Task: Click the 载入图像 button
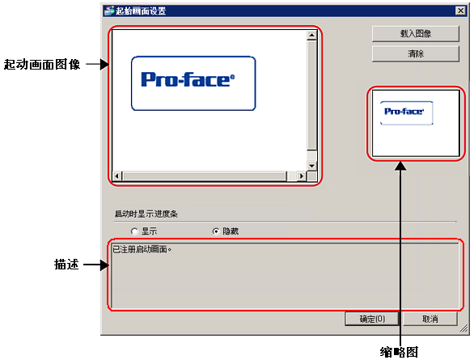click(415, 33)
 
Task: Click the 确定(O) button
click(372, 319)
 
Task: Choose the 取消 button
click(430, 319)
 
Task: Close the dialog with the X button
click(460, 11)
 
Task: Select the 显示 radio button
click(134, 231)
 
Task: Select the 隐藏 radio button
click(216, 231)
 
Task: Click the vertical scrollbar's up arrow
click(311, 36)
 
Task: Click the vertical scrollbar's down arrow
click(311, 166)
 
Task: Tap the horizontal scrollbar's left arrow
click(117, 176)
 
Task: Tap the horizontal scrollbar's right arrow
click(302, 176)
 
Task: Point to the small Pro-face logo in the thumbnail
click(406, 112)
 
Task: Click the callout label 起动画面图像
click(42, 65)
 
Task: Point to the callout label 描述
click(66, 265)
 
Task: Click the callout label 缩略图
click(399, 352)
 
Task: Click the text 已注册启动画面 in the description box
click(140, 249)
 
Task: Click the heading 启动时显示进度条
click(146, 214)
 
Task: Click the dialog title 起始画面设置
click(141, 11)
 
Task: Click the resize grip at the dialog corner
click(463, 328)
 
